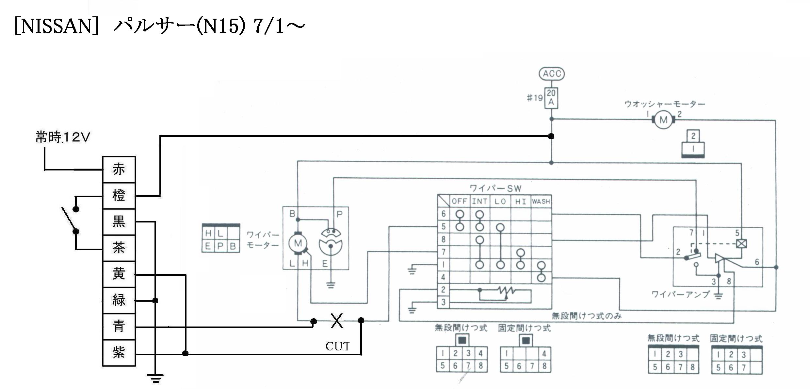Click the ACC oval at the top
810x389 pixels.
point(551,74)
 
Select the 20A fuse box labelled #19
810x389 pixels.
point(551,98)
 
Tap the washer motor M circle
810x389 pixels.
point(663,120)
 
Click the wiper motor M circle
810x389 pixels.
point(298,243)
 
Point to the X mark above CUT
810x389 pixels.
point(337,321)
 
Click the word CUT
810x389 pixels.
point(337,346)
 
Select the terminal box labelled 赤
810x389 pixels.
point(119,169)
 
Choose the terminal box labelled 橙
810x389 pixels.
point(119,196)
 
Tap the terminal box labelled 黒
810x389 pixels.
point(119,222)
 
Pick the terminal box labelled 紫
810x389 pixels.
point(119,353)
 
